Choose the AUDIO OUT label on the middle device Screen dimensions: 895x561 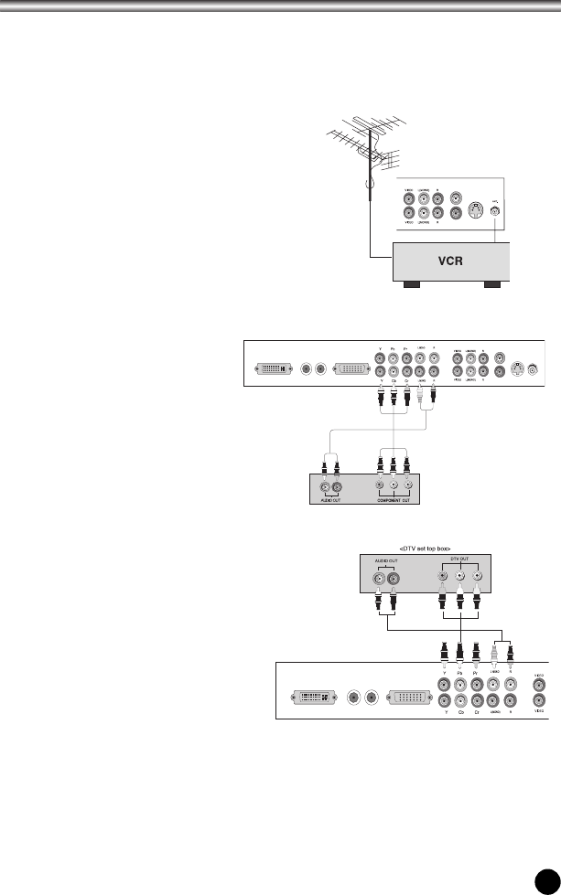pyautogui.click(x=330, y=500)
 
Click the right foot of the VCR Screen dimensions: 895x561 pyautogui.click(x=495, y=285)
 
